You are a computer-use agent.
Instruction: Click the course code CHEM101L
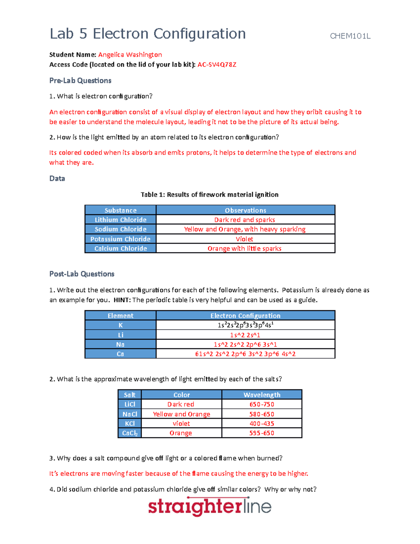click(350, 36)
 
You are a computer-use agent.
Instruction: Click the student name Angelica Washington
click(130, 55)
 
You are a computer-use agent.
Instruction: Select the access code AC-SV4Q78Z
click(217, 64)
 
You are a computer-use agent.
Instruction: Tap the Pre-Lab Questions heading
click(80, 81)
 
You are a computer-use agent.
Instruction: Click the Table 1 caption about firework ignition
click(209, 194)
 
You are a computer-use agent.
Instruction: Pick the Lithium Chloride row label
click(120, 220)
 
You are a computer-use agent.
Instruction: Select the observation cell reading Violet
click(245, 239)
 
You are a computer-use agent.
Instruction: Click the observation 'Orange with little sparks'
click(245, 248)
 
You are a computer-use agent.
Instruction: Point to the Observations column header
click(245, 210)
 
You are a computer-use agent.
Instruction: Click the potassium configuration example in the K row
click(245, 325)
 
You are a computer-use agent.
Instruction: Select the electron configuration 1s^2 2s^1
click(245, 335)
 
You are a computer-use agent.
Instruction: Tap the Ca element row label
click(120, 354)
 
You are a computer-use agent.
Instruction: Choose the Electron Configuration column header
click(245, 316)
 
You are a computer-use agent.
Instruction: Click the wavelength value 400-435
click(262, 424)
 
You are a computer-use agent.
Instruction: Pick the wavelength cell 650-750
click(262, 404)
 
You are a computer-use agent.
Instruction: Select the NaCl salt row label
click(129, 414)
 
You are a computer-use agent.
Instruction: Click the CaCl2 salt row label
click(129, 433)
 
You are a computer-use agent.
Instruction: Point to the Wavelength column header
click(262, 395)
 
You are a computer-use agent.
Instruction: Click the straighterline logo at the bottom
click(210, 507)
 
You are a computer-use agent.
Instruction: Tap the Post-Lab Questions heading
click(82, 274)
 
